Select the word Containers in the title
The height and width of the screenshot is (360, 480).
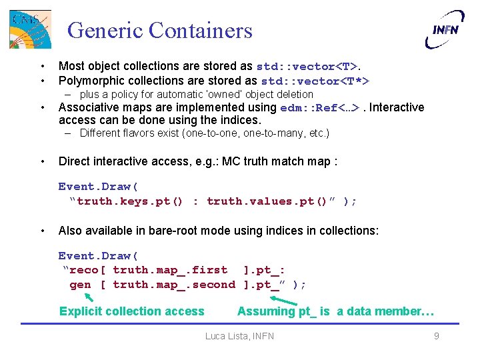[x=201, y=31]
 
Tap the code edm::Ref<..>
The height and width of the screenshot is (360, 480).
[x=322, y=108]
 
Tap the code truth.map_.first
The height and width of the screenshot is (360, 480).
[x=170, y=270]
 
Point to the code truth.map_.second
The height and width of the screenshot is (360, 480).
[x=174, y=285]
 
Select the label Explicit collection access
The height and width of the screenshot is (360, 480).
[x=132, y=311]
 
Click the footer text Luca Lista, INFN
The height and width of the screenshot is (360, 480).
[x=239, y=336]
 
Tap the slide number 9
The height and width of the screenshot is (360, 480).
[x=437, y=336]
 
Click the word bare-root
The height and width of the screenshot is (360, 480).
[x=171, y=231]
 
